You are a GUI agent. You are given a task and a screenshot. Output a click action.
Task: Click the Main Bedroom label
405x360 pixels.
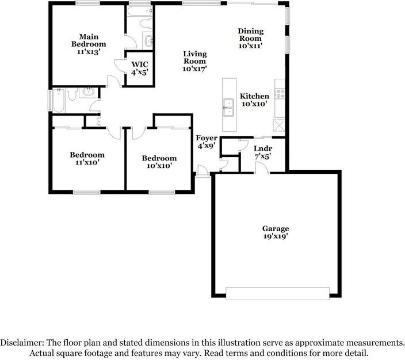click(x=89, y=44)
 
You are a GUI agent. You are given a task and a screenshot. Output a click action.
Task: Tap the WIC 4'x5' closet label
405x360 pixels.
click(x=140, y=68)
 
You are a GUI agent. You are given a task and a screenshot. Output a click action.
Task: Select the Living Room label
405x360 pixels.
click(x=195, y=61)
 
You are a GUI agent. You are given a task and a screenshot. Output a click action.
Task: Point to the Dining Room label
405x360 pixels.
click(x=251, y=39)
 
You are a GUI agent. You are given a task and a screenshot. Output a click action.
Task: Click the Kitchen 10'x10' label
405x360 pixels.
click(x=254, y=100)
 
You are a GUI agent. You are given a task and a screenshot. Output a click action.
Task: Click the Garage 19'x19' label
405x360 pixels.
click(x=276, y=232)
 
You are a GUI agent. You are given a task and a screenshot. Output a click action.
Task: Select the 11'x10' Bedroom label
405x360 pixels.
click(x=87, y=159)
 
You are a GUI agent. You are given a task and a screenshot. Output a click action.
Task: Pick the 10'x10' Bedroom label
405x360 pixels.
click(x=159, y=162)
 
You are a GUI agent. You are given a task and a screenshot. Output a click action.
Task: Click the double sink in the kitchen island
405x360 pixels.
click(x=228, y=107)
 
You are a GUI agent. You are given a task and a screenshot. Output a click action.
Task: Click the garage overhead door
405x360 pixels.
click(x=278, y=293)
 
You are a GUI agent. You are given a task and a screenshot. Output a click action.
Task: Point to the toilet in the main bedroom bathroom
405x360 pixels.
click(x=146, y=23)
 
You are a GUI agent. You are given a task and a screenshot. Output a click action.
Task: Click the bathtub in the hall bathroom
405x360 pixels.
click(x=59, y=101)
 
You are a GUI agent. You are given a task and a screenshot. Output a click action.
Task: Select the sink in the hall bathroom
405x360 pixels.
click(x=89, y=91)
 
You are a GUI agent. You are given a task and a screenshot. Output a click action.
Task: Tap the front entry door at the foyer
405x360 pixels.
click(x=202, y=171)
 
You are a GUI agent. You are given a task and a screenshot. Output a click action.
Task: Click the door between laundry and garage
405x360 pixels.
click(x=262, y=168)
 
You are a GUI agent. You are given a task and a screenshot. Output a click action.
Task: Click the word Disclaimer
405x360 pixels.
click(x=22, y=343)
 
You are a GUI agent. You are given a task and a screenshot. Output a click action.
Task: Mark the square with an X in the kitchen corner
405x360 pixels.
click(x=279, y=125)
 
